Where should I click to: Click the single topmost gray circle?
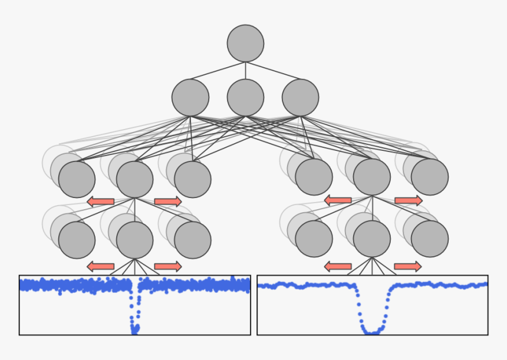click(x=245, y=43)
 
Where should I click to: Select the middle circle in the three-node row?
click(x=245, y=97)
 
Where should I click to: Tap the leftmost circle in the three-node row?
click(x=190, y=97)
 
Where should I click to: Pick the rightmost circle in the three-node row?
click(x=300, y=97)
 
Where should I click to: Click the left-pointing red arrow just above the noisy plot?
click(x=101, y=266)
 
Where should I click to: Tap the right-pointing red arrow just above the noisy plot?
click(x=168, y=266)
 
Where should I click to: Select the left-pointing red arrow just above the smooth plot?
click(x=338, y=266)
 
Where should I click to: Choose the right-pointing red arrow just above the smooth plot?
click(x=407, y=266)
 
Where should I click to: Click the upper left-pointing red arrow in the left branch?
click(x=101, y=202)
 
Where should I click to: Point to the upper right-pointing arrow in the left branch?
click(x=168, y=202)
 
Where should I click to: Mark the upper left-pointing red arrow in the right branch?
click(x=338, y=200)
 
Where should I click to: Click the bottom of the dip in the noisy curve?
click(x=135, y=329)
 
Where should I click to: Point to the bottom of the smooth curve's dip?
click(x=371, y=332)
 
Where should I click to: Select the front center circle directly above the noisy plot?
click(x=135, y=240)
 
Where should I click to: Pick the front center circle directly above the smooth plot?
click(x=371, y=239)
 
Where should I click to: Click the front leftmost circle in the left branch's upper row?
click(x=77, y=179)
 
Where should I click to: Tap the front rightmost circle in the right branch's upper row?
click(x=430, y=177)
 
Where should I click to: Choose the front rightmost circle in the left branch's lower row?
click(x=193, y=240)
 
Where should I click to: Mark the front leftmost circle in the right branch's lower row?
click(x=314, y=239)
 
